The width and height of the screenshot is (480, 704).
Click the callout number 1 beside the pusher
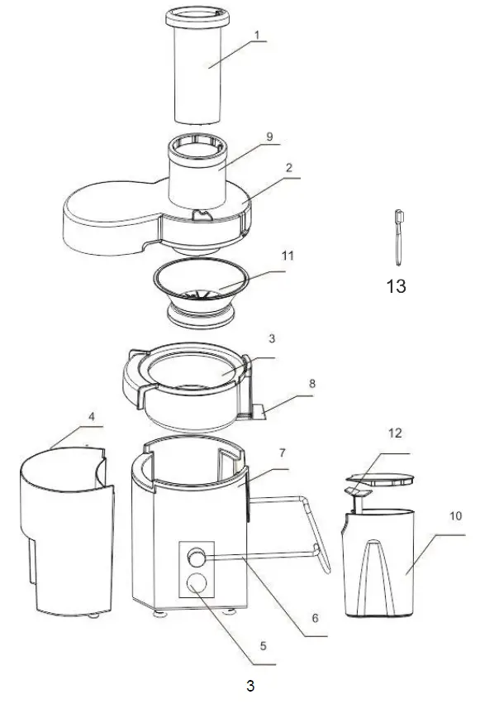click(257, 36)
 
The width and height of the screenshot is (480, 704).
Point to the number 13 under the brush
click(396, 287)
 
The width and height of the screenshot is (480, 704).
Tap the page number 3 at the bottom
click(249, 686)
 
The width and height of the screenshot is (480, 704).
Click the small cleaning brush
click(397, 237)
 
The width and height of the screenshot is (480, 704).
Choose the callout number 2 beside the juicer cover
click(289, 168)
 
